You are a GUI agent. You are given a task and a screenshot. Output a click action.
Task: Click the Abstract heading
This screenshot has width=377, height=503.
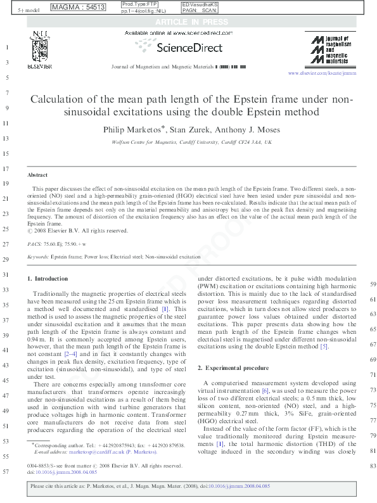point(37,174)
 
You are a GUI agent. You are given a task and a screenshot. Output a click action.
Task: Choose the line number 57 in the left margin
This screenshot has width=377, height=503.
point(5,473)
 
